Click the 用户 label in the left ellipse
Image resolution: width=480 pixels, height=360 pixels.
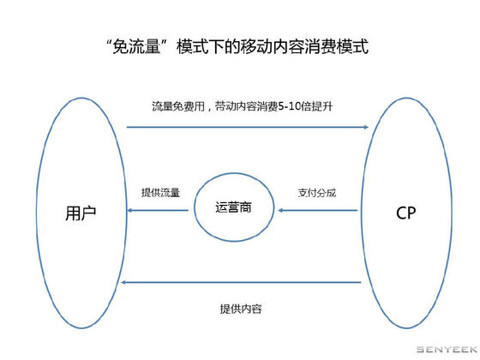click(81, 213)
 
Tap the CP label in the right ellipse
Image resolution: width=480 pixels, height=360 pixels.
click(406, 213)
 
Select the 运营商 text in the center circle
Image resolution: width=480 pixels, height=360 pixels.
click(233, 207)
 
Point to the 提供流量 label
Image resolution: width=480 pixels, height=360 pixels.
click(161, 193)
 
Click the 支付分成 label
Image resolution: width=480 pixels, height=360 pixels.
click(317, 193)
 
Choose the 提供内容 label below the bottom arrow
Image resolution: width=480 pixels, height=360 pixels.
click(241, 309)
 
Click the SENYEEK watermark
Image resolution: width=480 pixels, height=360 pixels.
click(447, 350)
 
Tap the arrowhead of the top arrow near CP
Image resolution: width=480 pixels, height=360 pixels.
click(367, 127)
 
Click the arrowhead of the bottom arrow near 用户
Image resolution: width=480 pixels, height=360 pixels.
click(123, 282)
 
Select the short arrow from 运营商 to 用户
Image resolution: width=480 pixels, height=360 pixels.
click(158, 210)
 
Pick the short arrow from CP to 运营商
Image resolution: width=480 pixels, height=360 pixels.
click(318, 210)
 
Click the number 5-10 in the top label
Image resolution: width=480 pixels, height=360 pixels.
click(290, 106)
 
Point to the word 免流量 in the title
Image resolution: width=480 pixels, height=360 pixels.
click(136, 47)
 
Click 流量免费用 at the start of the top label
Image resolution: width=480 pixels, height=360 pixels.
click(178, 106)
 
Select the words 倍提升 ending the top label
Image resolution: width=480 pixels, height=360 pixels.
click(317, 106)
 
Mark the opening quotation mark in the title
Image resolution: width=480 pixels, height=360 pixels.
click(109, 43)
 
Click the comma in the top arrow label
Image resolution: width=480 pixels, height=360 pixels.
click(209, 110)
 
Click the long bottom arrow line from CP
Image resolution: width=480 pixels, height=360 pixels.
click(241, 282)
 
